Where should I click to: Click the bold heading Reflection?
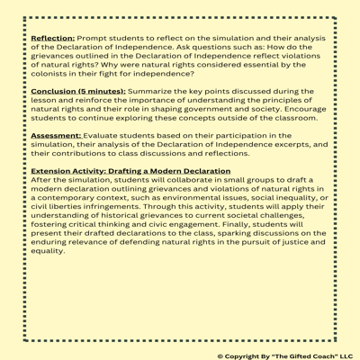(x=53, y=40)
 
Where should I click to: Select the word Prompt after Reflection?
(x=95, y=40)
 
